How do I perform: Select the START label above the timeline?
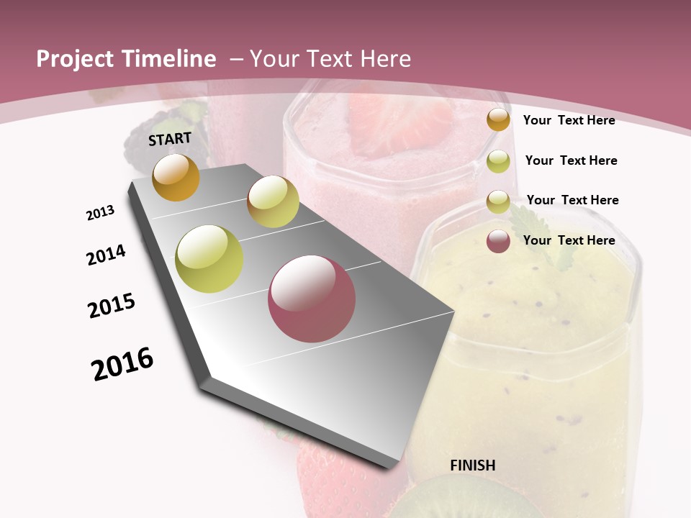170,139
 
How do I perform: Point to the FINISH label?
472,465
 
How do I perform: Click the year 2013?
100,213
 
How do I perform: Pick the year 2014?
106,255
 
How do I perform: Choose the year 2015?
112,306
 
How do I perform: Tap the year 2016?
122,363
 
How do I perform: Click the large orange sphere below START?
176,177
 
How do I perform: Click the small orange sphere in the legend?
498,120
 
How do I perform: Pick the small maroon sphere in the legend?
498,241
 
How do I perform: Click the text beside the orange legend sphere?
569,120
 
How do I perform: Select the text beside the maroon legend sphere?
569,240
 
